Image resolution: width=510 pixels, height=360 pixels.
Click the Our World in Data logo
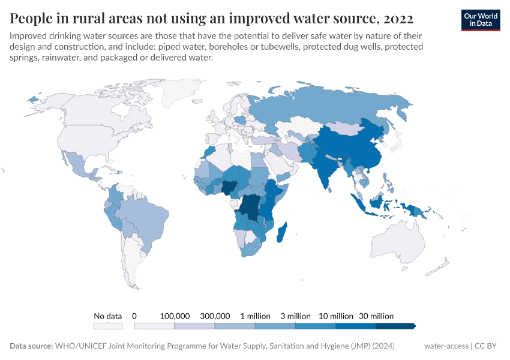480,19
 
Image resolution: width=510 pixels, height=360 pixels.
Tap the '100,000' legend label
175,316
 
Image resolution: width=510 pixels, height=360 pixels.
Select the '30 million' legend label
376,316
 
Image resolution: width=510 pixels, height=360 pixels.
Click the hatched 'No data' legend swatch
108,326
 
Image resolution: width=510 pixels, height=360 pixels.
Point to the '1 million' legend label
255,316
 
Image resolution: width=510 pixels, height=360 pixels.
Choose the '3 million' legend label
295,316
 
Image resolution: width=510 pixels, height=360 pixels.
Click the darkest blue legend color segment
395,326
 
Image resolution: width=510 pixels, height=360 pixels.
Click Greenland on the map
183,93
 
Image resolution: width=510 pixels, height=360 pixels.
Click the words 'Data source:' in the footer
31,346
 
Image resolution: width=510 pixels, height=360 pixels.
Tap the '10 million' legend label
335,316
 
